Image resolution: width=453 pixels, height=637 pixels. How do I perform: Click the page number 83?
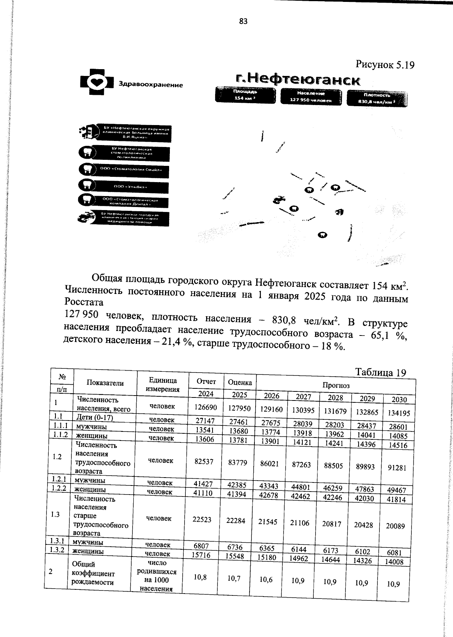click(x=243, y=22)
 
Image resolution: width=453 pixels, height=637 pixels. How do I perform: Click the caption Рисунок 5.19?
click(x=385, y=65)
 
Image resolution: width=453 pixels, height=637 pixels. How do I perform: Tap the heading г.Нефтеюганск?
click(x=297, y=80)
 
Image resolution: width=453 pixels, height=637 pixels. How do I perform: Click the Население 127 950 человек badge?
click(x=311, y=96)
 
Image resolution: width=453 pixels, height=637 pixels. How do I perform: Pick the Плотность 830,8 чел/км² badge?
click(x=377, y=98)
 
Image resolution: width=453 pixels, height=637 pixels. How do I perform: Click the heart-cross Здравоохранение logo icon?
click(x=97, y=82)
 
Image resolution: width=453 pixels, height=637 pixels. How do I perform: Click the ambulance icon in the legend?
click(x=86, y=218)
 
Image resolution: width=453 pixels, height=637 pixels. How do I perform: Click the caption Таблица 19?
click(x=381, y=373)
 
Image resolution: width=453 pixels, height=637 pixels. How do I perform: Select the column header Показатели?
click(x=105, y=383)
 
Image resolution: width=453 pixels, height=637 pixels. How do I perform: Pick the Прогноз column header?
click(x=336, y=385)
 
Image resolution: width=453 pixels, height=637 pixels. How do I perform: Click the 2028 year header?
click(x=335, y=397)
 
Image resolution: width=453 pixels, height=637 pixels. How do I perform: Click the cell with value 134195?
click(x=399, y=413)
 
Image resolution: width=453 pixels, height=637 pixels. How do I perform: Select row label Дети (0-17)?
click(x=95, y=417)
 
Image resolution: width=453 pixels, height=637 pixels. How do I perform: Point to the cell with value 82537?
click(x=203, y=461)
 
